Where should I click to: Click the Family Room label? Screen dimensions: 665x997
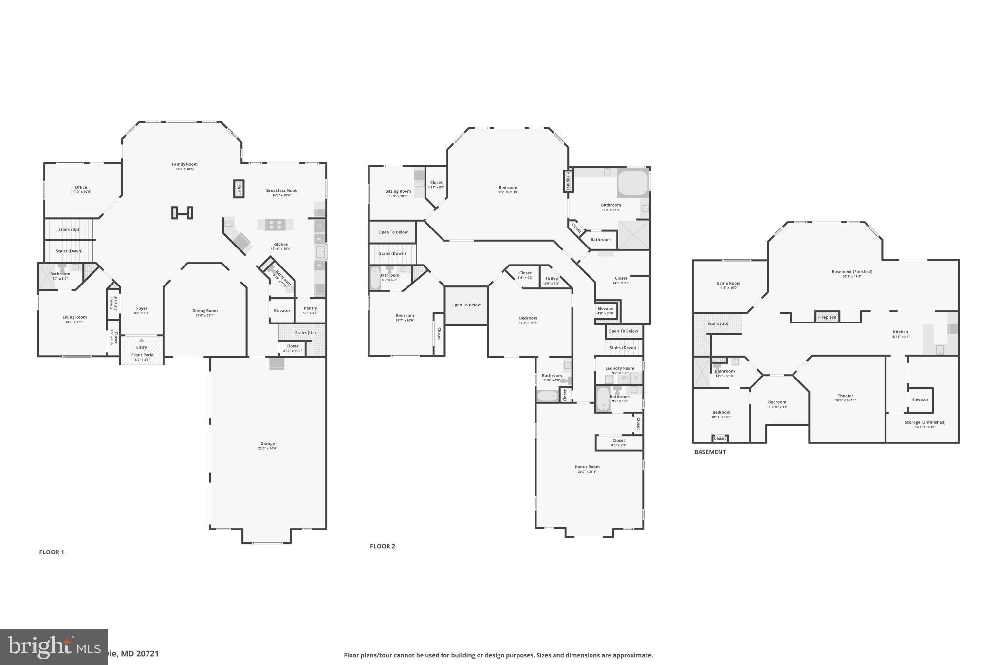pyautogui.click(x=185, y=164)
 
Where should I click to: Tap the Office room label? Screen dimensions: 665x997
pyautogui.click(x=81, y=187)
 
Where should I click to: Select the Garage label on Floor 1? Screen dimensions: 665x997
pyautogui.click(x=267, y=444)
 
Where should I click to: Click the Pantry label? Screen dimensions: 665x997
pyautogui.click(x=310, y=308)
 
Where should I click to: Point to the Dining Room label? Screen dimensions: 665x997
pyautogui.click(x=205, y=311)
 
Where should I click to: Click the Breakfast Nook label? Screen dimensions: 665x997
pyautogui.click(x=281, y=191)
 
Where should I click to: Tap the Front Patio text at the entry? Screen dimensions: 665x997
pyautogui.click(x=142, y=355)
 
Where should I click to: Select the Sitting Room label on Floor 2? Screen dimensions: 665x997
pyautogui.click(x=398, y=191)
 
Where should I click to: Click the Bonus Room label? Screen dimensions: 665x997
pyautogui.click(x=587, y=467)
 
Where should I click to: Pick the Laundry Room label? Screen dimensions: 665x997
pyautogui.click(x=620, y=368)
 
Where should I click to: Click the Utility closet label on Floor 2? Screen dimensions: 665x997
pyautogui.click(x=552, y=279)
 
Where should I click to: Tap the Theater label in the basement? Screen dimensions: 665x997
pyautogui.click(x=846, y=396)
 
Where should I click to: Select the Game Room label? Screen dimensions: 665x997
pyautogui.click(x=728, y=283)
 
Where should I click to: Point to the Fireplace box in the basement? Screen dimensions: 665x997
pyautogui.click(x=827, y=317)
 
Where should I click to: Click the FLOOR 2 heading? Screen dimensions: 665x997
pyautogui.click(x=383, y=546)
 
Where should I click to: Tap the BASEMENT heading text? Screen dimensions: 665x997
pyautogui.click(x=710, y=452)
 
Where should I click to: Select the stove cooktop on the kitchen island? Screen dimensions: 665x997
pyautogui.click(x=275, y=225)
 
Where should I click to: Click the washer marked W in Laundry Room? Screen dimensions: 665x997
pyautogui.click(x=624, y=378)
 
